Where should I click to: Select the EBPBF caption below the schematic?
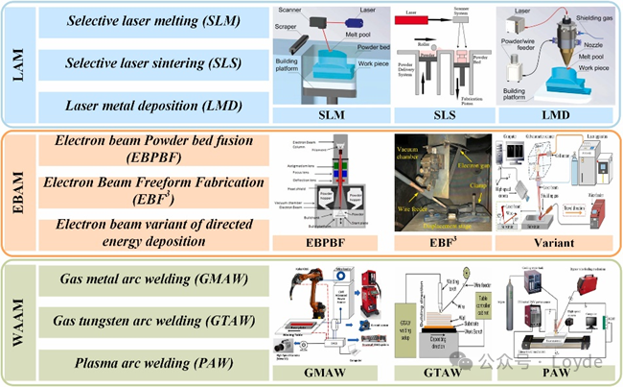coord(324,244)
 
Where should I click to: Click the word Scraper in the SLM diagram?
coord(288,29)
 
